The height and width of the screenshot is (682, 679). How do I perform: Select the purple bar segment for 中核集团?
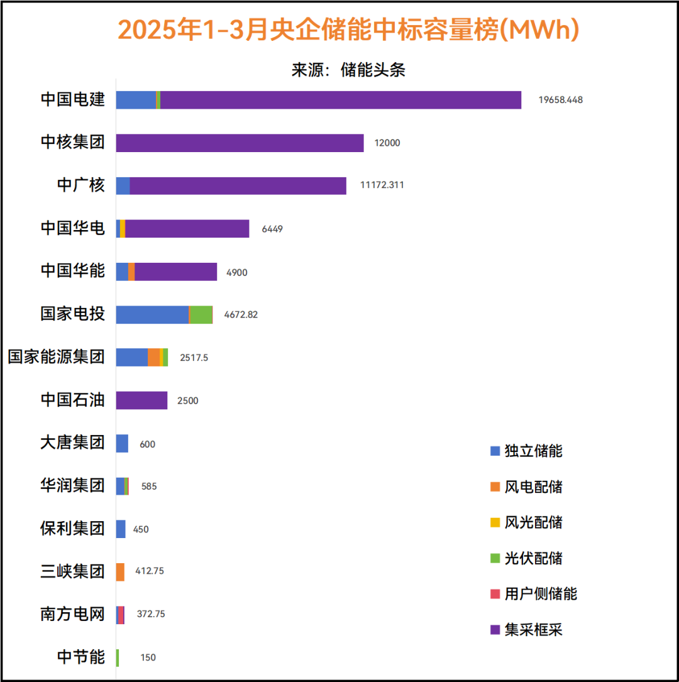pos(240,143)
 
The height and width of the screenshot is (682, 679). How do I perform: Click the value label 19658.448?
pos(560,100)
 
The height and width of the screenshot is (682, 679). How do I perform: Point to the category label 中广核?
pos(80,185)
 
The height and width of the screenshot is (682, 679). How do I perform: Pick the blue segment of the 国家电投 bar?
pos(152,315)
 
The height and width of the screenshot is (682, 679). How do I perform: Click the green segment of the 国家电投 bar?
pos(201,315)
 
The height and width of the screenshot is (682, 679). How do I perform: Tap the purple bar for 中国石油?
pos(141,400)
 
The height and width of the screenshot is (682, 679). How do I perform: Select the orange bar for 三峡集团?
pos(120,572)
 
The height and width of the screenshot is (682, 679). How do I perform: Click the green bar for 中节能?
pos(118,657)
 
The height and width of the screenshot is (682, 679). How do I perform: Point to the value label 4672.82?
pos(241,315)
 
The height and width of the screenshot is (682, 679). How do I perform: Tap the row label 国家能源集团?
pos(56,358)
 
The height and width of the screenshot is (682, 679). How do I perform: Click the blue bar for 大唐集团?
pos(122,444)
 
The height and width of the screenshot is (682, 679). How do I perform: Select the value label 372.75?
pos(151,614)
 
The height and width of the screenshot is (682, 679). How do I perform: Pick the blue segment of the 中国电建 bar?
pos(136,100)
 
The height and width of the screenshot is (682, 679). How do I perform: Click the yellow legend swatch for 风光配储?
pos(495,522)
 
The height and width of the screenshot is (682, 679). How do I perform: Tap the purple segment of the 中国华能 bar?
pos(175,272)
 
